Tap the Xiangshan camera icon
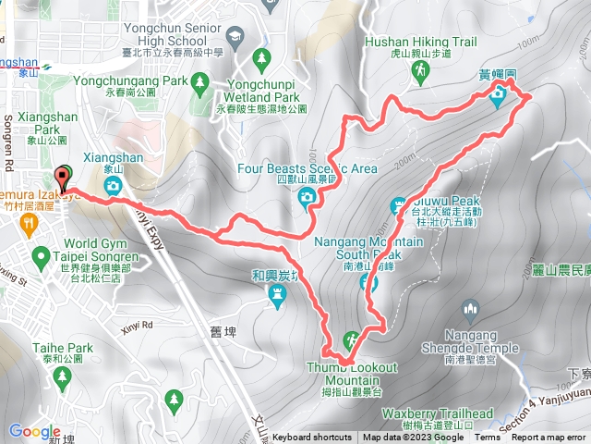click(112, 186)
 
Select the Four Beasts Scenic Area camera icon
click(307, 195)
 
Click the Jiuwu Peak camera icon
click(399, 205)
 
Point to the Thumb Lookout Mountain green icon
click(351, 339)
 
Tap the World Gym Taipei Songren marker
click(40, 255)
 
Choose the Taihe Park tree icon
click(63, 376)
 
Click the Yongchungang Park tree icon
click(200, 83)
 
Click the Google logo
click(34, 431)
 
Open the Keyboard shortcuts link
click(312, 438)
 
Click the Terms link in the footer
click(488, 438)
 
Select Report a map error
click(550, 438)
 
